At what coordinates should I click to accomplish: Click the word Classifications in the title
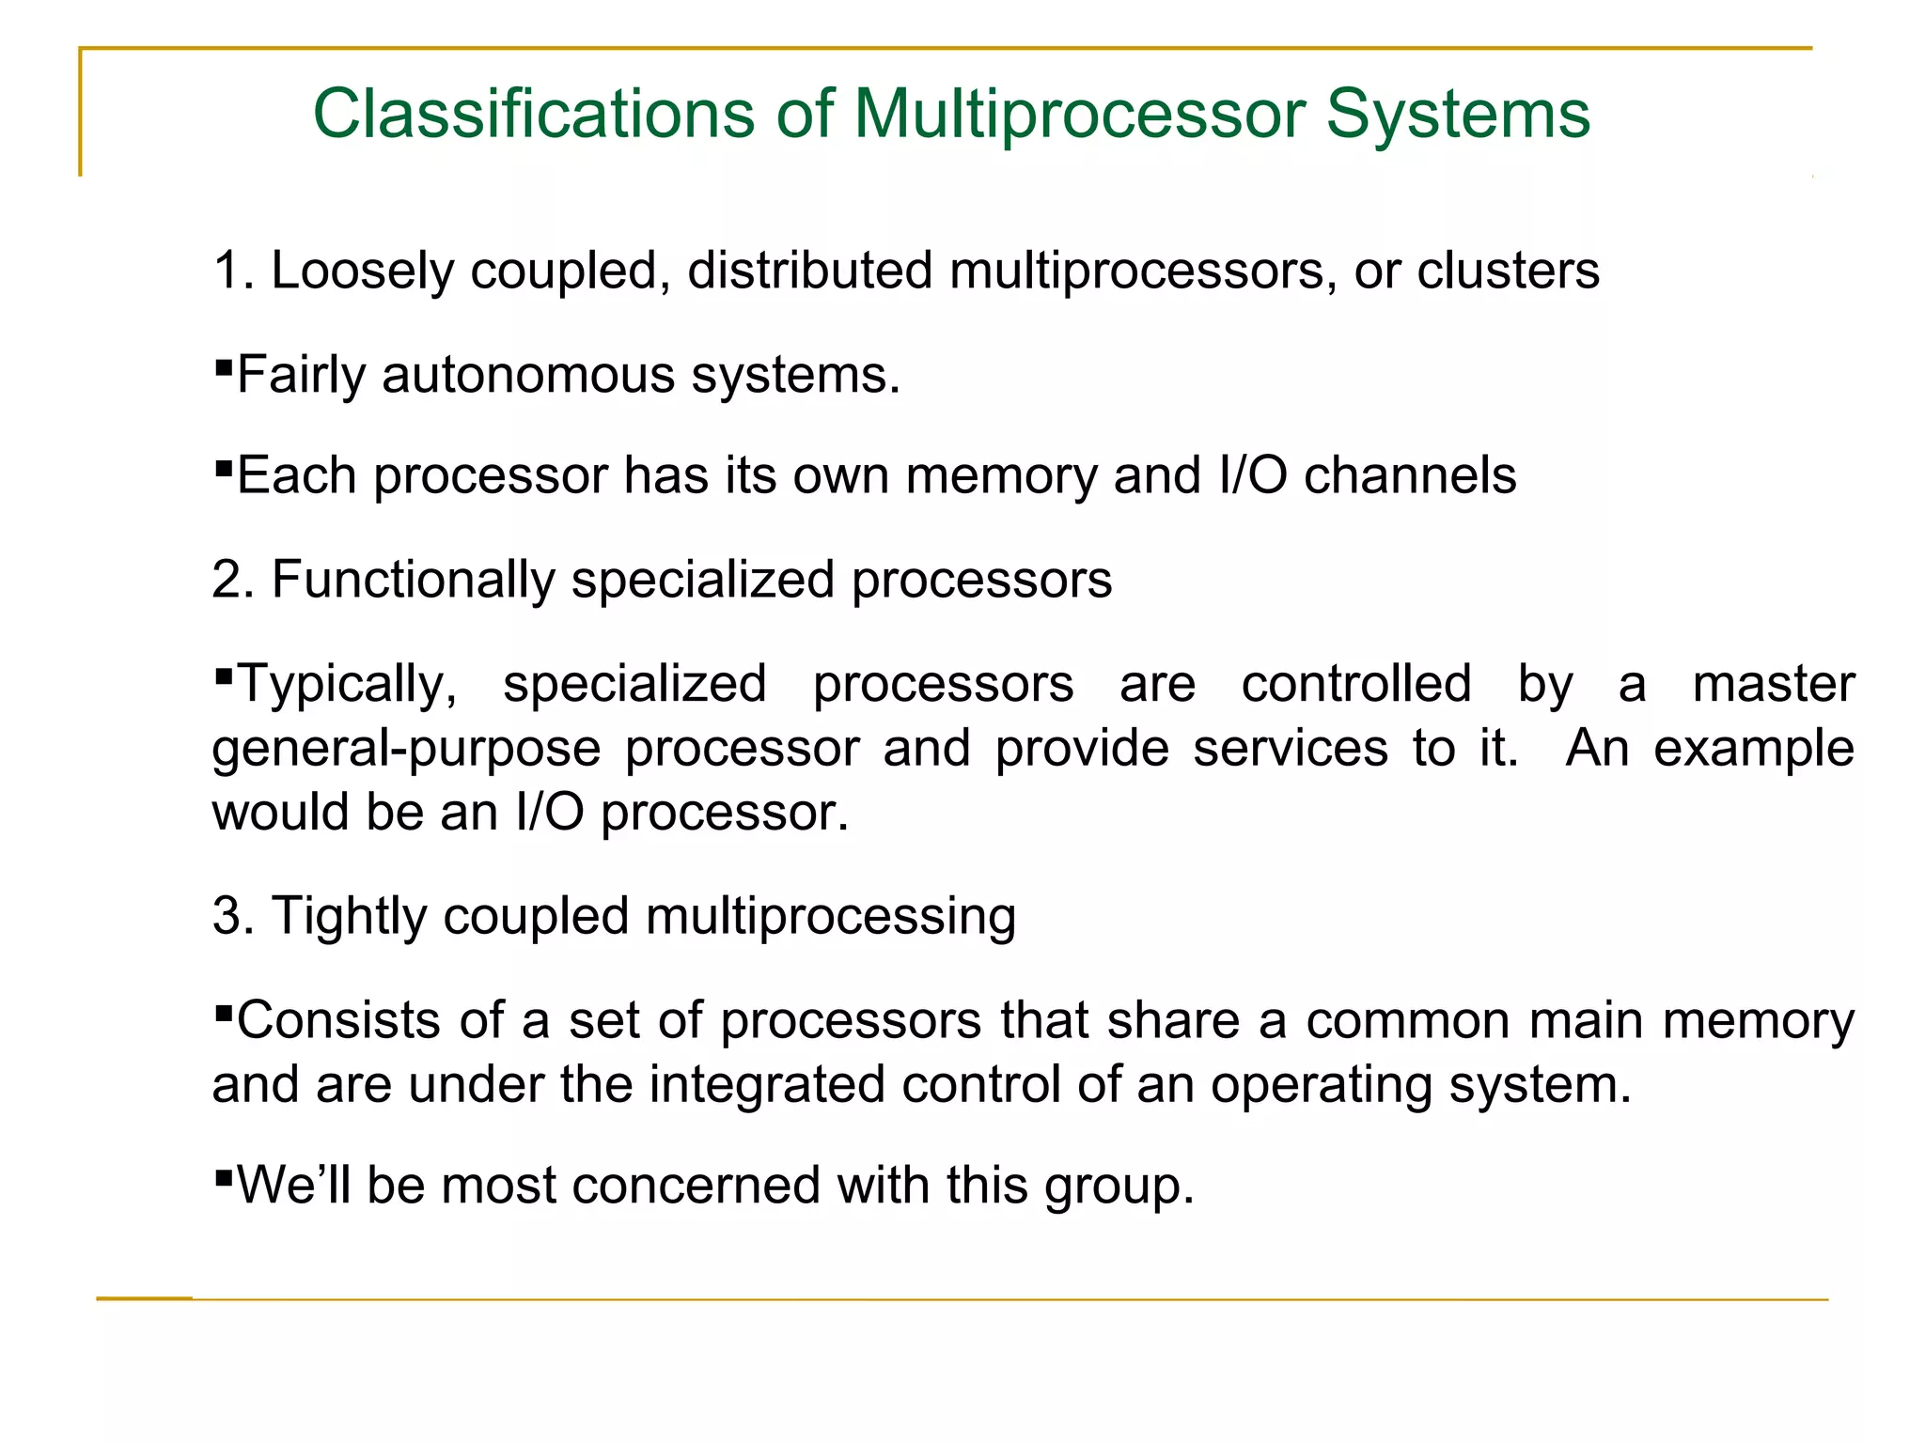533,115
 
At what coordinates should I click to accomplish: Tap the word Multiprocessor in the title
1079,115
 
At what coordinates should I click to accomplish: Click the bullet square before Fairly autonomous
224,365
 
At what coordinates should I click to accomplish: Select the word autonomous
527,375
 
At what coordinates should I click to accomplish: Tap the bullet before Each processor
224,466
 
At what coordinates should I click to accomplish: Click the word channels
1410,475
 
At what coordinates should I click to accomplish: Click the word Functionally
414,580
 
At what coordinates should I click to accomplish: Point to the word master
1773,684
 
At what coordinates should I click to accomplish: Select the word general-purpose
406,750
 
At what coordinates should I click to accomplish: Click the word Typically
347,684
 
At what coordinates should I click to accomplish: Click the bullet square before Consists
224,1013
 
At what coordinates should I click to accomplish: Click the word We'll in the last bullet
293,1186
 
